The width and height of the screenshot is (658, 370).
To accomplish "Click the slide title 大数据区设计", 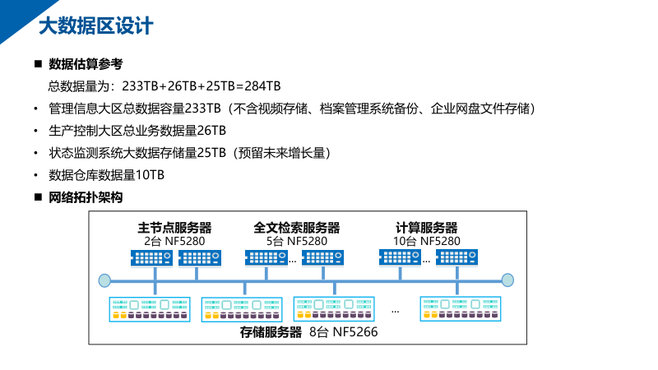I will tap(95, 26).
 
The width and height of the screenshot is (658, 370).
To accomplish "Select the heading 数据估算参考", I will tap(86, 64).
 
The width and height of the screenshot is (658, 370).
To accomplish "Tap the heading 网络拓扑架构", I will tap(86, 197).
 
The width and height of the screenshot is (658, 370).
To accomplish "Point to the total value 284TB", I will tap(262, 86).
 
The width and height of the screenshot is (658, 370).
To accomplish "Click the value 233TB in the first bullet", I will tap(202, 109).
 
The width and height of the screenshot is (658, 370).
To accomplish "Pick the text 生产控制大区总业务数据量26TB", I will tap(137, 131).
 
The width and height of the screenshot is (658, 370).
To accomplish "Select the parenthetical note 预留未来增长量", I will tap(280, 153).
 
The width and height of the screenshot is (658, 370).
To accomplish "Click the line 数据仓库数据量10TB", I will tap(107, 175).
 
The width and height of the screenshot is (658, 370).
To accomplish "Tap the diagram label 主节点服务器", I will tap(174, 228).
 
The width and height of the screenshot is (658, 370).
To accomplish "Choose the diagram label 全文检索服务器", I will tap(297, 228).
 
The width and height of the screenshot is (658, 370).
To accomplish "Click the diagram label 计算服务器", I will tap(426, 228).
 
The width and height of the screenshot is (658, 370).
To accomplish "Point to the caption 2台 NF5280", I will tap(174, 241).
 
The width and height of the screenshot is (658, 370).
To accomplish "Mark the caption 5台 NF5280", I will tap(297, 241).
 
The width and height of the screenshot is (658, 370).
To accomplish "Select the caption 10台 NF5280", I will tap(426, 241).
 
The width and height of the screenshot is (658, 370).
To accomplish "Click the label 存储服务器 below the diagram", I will tap(271, 333).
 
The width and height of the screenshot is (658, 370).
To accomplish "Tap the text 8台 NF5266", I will tap(342, 333).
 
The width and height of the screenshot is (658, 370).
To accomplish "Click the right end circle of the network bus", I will tap(507, 280).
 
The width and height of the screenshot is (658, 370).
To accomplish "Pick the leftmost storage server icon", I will tap(151, 308).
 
